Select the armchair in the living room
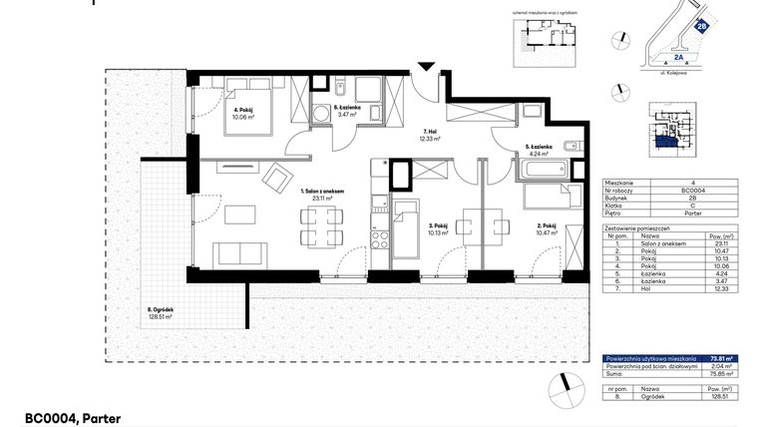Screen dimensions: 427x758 (x=271, y=179)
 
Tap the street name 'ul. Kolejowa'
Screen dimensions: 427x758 (x=686, y=74)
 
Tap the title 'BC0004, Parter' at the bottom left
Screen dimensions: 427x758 (x=73, y=418)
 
